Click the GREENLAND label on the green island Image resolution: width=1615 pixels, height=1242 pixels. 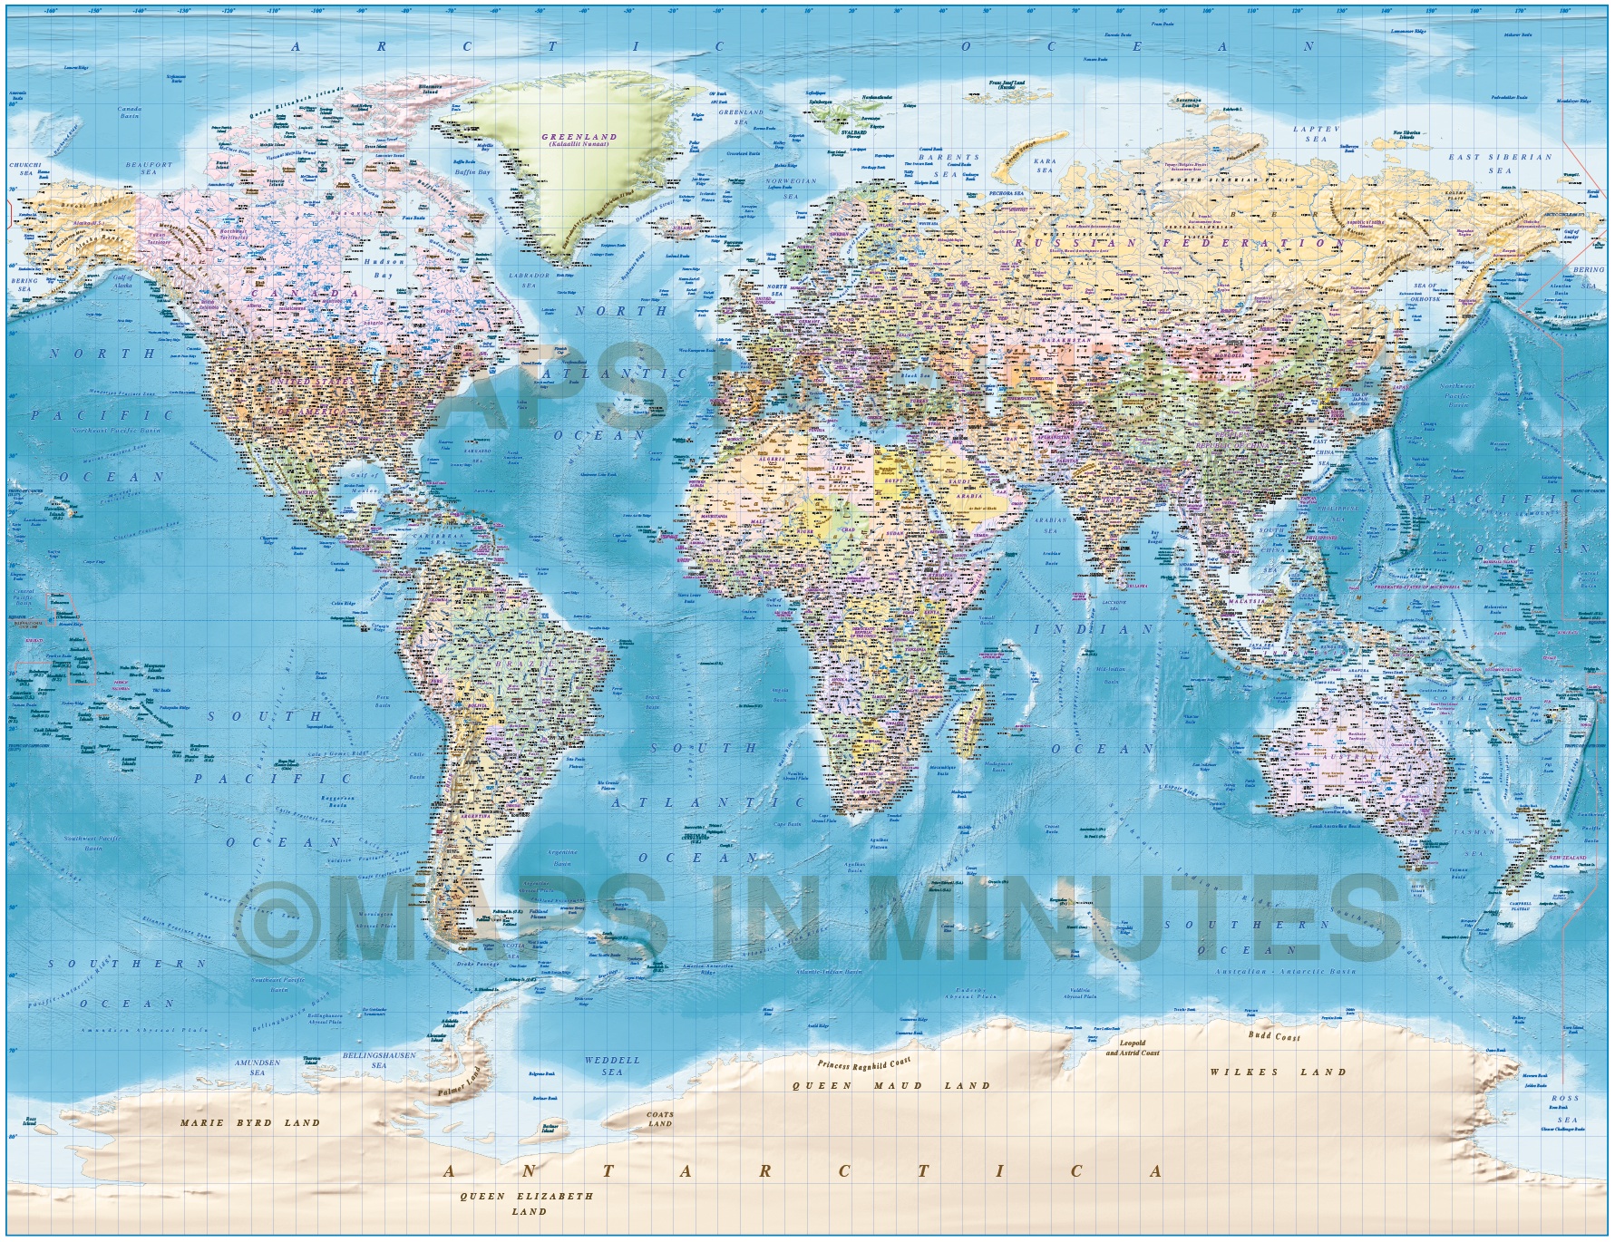[589, 138]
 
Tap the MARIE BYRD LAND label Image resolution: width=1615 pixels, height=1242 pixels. [250, 1122]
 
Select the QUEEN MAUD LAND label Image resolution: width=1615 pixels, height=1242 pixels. [891, 1085]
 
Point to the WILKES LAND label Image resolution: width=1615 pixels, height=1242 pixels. [1278, 1072]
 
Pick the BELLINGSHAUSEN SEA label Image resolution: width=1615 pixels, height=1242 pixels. [378, 1061]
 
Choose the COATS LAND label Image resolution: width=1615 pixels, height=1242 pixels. [659, 1119]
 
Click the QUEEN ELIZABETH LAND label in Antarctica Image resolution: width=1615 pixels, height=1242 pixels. [527, 1203]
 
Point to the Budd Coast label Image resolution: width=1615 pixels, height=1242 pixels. [1274, 1036]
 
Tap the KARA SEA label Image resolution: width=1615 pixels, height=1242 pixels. [1045, 165]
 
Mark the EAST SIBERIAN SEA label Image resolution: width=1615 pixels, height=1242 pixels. [1500, 163]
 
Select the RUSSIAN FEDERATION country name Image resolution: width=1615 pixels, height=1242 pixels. [1178, 243]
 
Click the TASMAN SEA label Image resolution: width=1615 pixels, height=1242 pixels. [1468, 842]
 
